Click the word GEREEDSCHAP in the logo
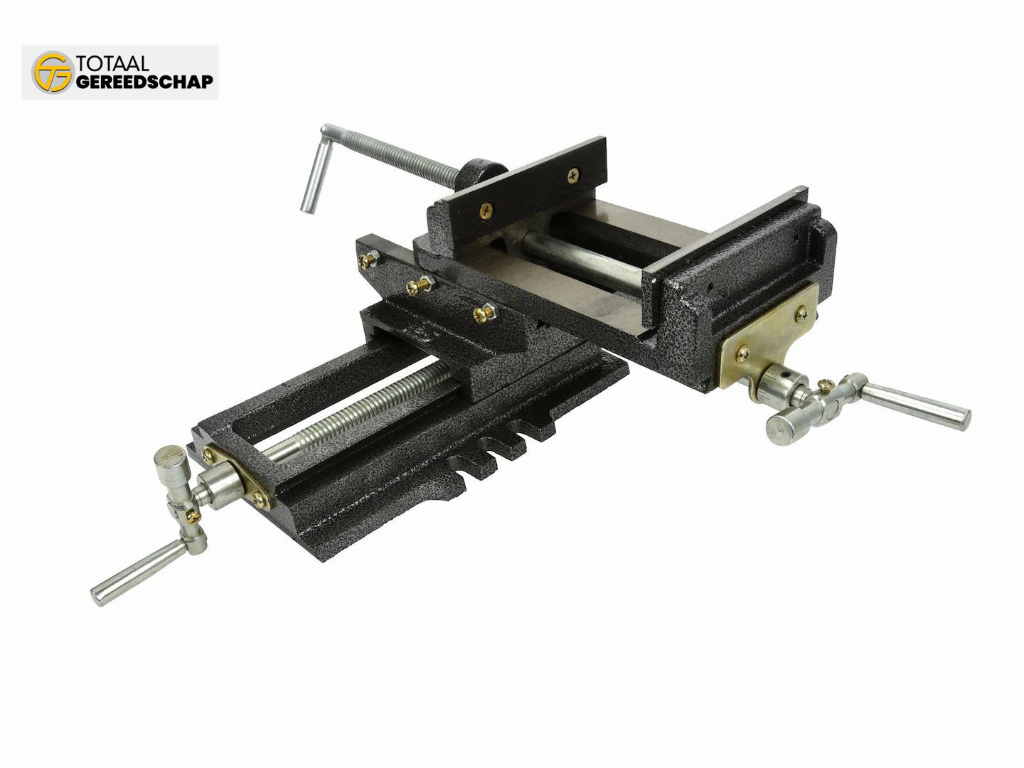144,82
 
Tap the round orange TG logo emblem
53,73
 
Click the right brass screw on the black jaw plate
573,176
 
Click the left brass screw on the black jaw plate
486,211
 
